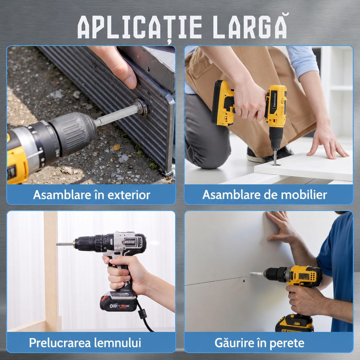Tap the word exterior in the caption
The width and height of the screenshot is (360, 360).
coord(129,195)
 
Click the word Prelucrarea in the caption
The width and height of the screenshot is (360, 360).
coord(60,343)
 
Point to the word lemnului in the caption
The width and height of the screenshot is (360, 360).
coord(117,343)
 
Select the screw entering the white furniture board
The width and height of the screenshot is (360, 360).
coord(275,158)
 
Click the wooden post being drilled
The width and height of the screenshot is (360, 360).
coord(51,271)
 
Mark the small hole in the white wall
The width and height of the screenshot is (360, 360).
coord(244,281)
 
